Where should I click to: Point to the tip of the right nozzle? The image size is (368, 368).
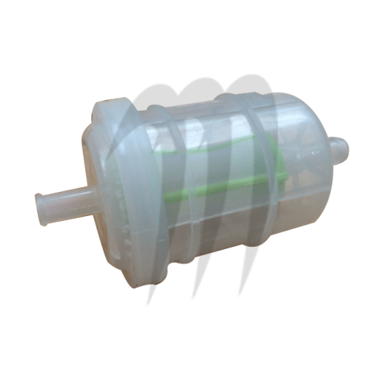click(347, 143)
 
